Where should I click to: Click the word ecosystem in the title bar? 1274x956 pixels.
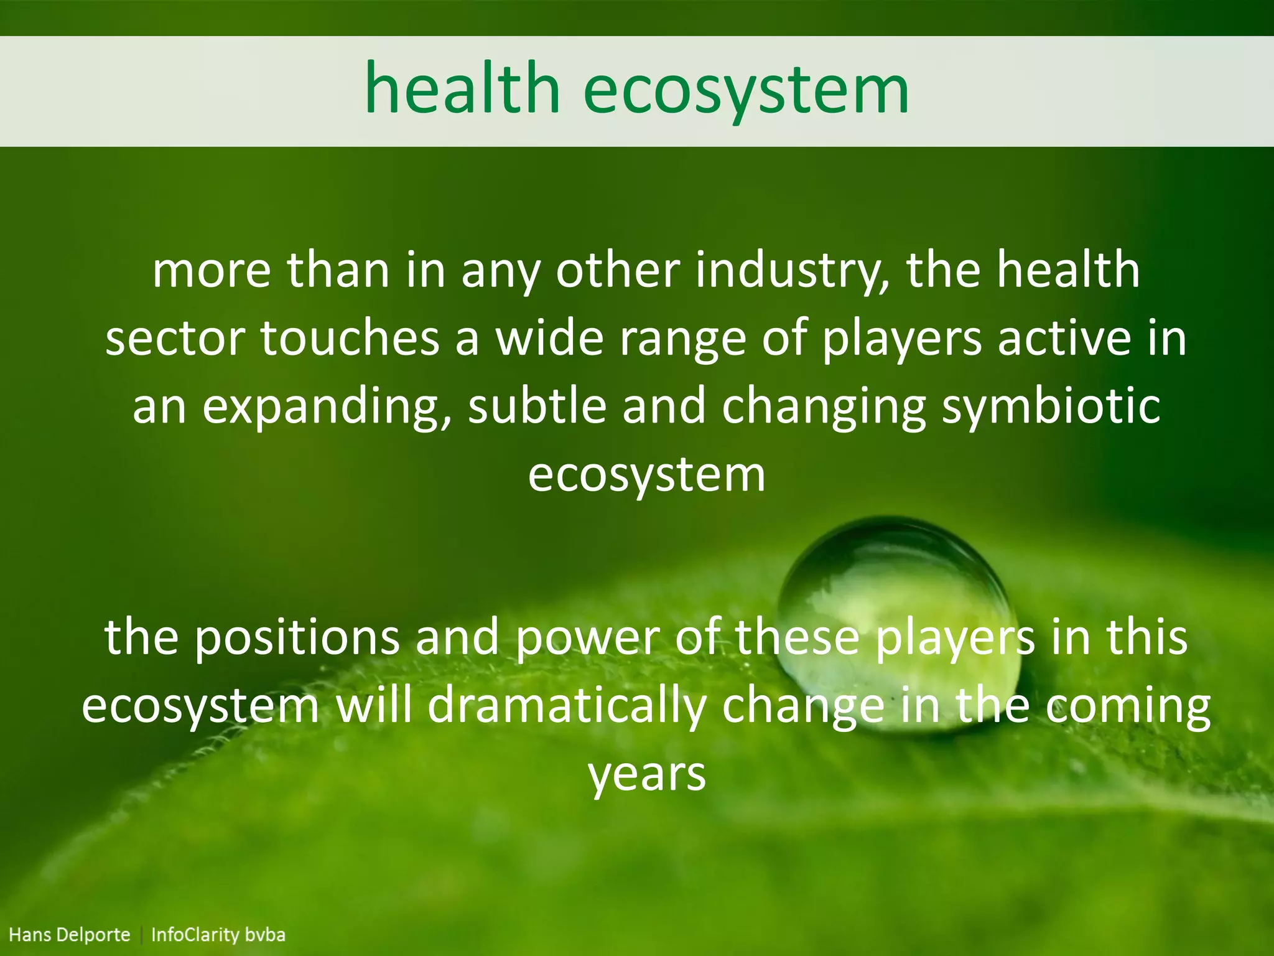(746, 91)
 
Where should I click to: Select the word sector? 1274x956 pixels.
(175, 339)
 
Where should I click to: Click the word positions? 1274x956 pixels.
(296, 637)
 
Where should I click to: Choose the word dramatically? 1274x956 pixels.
(567, 706)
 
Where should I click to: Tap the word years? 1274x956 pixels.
(647, 776)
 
